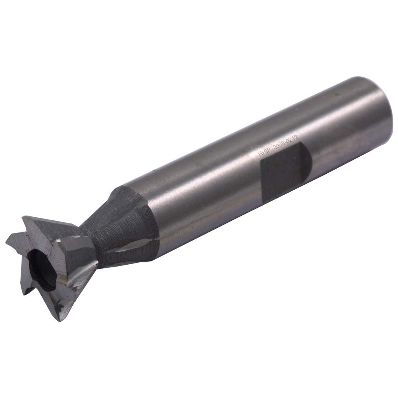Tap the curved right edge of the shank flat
(308, 162)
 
